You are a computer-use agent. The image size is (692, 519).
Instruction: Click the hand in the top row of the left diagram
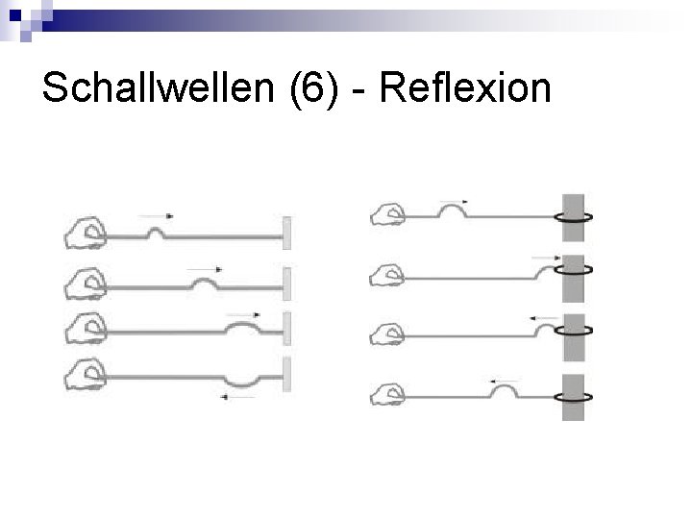[86, 231]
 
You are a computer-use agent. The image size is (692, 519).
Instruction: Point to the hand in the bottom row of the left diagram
[86, 374]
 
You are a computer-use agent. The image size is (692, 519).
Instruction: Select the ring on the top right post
[576, 217]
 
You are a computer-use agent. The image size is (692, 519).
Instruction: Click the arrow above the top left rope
[156, 216]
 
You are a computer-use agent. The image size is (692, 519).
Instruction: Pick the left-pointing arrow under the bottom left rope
[237, 398]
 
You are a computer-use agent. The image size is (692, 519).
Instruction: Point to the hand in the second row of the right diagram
[389, 276]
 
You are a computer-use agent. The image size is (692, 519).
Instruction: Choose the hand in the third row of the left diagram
[86, 328]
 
